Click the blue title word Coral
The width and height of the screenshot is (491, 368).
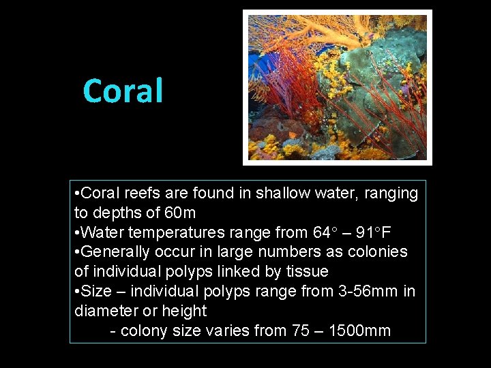point(123,91)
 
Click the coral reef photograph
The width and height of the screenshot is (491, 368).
point(338,88)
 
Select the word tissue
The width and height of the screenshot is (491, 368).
point(307,272)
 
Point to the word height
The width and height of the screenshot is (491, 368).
point(184,311)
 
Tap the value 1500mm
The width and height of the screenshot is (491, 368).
point(359,331)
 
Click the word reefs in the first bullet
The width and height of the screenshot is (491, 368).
point(140,194)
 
